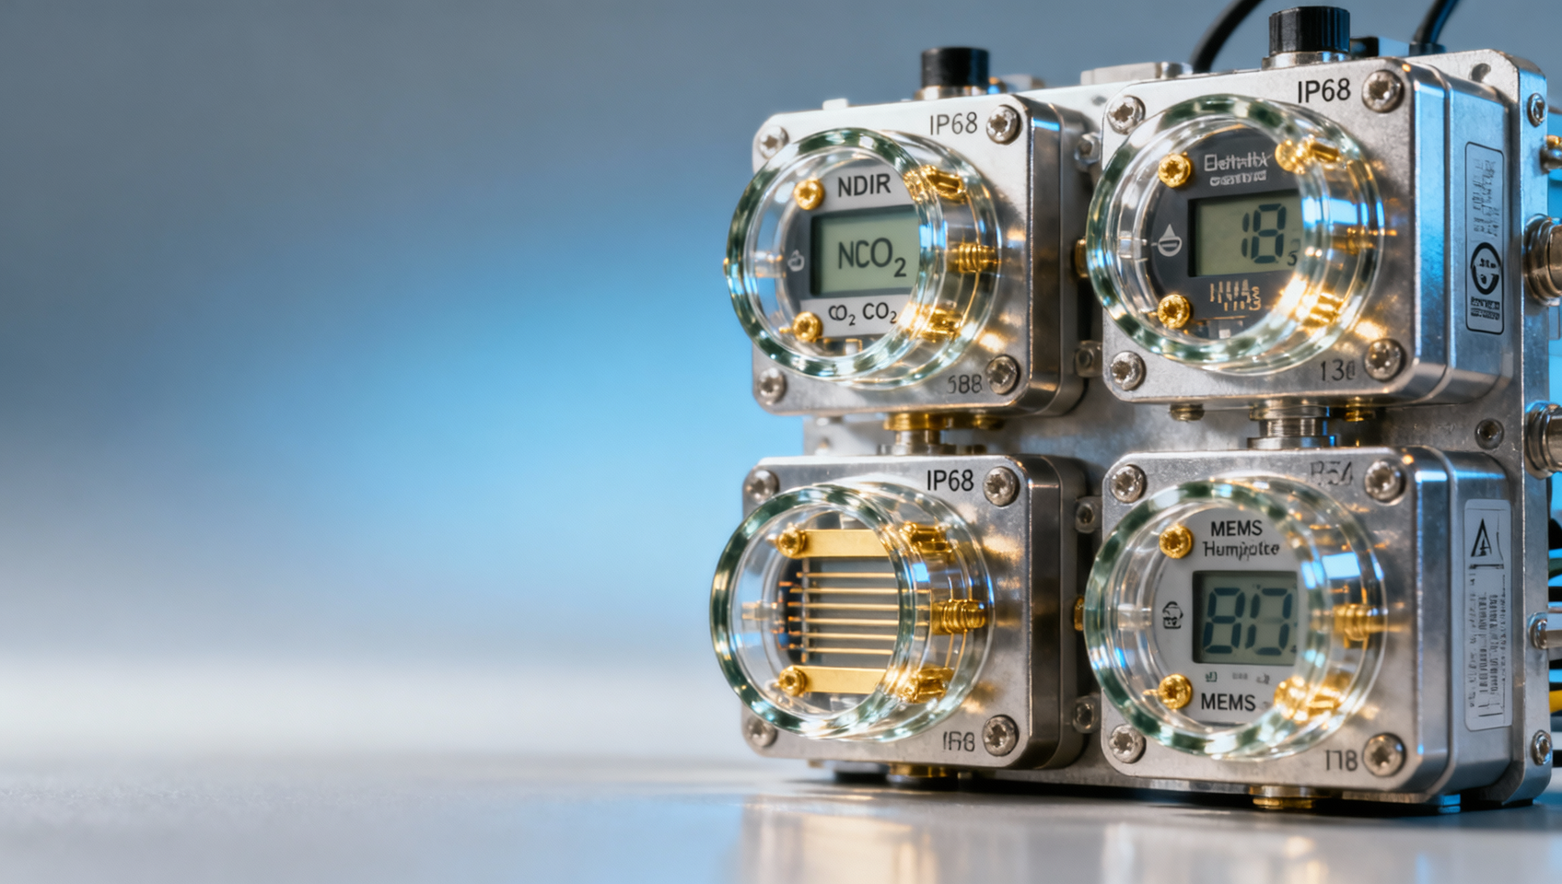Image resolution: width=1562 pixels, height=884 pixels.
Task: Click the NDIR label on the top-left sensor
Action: click(x=864, y=186)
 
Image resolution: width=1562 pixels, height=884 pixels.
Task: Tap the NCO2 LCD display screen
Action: click(x=863, y=252)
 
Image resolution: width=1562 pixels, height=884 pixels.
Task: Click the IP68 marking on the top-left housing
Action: click(x=952, y=123)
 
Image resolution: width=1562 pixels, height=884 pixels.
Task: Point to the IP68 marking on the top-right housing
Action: click(x=1323, y=90)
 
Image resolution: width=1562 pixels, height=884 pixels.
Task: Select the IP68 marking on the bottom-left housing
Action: click(x=950, y=480)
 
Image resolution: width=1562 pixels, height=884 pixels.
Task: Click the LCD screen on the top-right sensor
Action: click(x=1246, y=238)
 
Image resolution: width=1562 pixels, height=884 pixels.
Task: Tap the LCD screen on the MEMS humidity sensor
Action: click(x=1245, y=617)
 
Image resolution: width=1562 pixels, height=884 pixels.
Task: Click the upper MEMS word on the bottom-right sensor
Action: click(x=1236, y=529)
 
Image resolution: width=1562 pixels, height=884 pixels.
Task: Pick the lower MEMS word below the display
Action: click(x=1228, y=703)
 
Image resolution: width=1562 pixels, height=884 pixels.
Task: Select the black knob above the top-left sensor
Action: click(x=955, y=70)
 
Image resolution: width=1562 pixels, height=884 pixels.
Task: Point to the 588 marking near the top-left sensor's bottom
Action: click(x=963, y=383)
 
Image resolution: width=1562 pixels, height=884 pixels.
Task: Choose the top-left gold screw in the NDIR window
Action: click(x=809, y=193)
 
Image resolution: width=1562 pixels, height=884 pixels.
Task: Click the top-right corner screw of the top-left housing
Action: click(x=1003, y=124)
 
